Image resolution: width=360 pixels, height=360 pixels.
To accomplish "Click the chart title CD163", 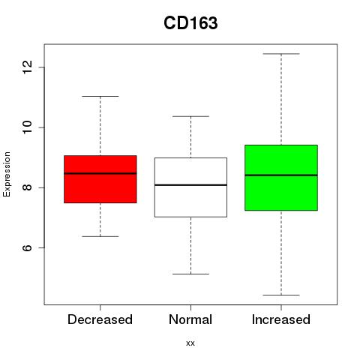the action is pyautogui.click(x=190, y=23).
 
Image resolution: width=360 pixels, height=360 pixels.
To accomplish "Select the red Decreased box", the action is pyautogui.click(x=100, y=179).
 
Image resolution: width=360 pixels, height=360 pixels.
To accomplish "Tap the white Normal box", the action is pyautogui.click(x=190, y=187).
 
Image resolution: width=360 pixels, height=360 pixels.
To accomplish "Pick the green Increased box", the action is pyautogui.click(x=281, y=178).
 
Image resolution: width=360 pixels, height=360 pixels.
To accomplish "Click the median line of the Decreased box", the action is pyautogui.click(x=100, y=173).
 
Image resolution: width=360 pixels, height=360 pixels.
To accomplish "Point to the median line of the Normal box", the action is pyautogui.click(x=190, y=185).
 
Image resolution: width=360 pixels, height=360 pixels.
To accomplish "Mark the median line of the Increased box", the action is pyautogui.click(x=281, y=175).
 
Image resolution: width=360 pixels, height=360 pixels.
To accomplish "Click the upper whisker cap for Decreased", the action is pyautogui.click(x=100, y=96).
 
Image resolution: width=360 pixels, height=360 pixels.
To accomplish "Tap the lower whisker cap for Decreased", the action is pyautogui.click(x=100, y=236).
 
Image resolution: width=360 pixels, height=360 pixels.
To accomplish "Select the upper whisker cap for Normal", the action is pyautogui.click(x=190, y=116).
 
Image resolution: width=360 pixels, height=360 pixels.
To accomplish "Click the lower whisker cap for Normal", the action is pyautogui.click(x=190, y=274).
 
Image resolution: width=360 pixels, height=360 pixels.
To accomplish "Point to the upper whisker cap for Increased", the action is pyautogui.click(x=281, y=54).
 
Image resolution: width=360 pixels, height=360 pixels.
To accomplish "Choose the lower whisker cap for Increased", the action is pyautogui.click(x=281, y=295).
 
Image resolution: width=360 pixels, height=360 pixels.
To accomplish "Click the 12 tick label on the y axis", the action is pyautogui.click(x=28, y=67).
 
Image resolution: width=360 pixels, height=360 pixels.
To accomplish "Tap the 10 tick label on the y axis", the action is pyautogui.click(x=28, y=127).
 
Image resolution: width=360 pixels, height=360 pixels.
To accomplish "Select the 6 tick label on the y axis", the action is pyautogui.click(x=28, y=247).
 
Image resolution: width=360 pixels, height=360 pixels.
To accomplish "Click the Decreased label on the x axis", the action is pyautogui.click(x=100, y=319).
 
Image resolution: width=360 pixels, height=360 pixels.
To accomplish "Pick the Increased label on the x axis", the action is pyautogui.click(x=281, y=319).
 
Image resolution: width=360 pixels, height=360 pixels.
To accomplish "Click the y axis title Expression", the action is pyautogui.click(x=7, y=174).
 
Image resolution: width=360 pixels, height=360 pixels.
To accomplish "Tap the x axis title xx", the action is pyautogui.click(x=190, y=343).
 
